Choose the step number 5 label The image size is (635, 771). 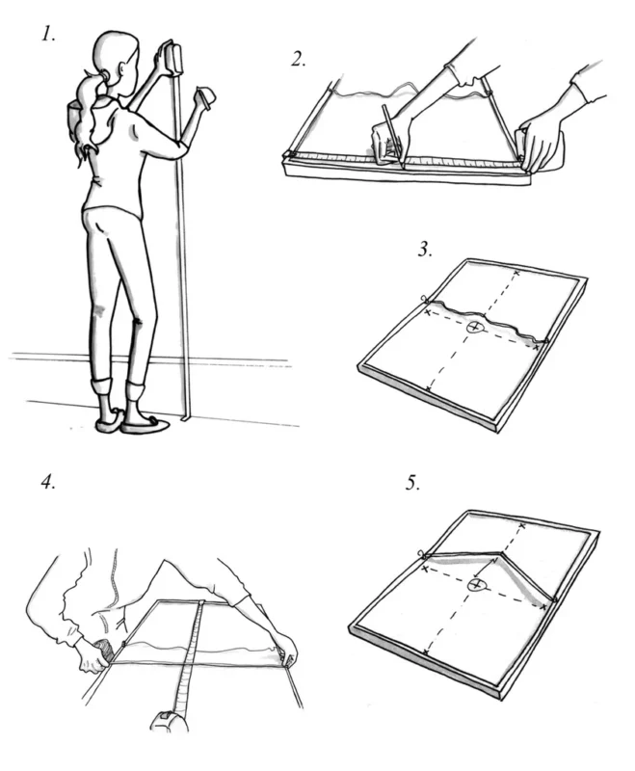tap(413, 482)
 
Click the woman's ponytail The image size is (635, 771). tap(81, 116)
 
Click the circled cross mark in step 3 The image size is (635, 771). tap(474, 329)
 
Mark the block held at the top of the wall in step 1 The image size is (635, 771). tap(171, 58)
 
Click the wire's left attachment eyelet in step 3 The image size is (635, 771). tap(423, 300)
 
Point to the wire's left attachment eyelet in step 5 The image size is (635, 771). tap(421, 554)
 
